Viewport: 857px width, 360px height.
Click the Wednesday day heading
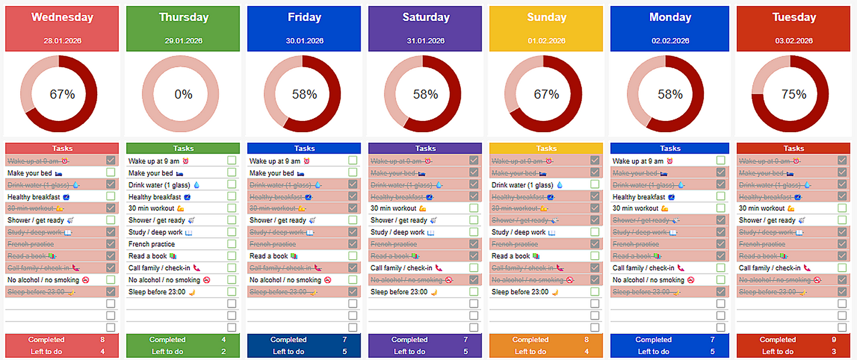(62, 17)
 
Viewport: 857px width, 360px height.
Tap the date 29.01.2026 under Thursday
(183, 41)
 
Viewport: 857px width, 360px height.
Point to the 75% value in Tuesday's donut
(794, 94)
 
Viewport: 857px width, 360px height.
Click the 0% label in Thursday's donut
(183, 94)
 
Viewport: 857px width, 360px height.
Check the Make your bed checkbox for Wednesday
(111, 173)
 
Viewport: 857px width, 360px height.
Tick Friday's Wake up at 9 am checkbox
(353, 161)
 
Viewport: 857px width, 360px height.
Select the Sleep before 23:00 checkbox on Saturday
(474, 291)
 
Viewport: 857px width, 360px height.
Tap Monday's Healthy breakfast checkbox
(721, 196)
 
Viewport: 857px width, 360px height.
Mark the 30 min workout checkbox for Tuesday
(842, 208)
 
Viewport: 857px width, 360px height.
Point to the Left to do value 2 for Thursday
(224, 352)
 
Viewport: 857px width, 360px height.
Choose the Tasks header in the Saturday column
(425, 148)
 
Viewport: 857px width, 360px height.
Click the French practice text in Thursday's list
(152, 244)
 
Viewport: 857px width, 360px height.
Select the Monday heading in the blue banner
(670, 17)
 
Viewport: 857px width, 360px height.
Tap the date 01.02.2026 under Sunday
(546, 41)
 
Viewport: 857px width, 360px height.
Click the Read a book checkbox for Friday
(353, 256)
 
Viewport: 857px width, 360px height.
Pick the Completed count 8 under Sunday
(587, 340)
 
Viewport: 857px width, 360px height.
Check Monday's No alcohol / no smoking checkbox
(721, 279)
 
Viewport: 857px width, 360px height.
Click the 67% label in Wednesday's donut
(62, 94)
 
